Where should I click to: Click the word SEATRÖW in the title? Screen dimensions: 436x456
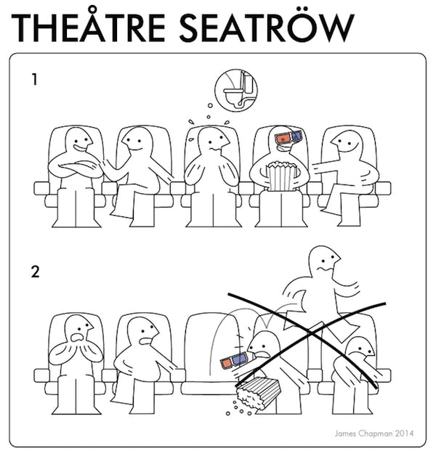coord(267,27)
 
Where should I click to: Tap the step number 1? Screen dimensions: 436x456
coord(35,79)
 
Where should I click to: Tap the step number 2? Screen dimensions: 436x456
coord(35,272)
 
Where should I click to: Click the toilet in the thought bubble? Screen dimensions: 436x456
coord(237,90)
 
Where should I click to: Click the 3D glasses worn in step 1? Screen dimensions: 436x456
coord(288,137)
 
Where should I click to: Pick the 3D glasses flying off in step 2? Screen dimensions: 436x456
coord(235,360)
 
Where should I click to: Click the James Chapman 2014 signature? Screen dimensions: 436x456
coord(374,433)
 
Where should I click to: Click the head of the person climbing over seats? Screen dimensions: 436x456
coord(324,261)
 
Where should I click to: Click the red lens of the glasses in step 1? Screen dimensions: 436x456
coord(283,139)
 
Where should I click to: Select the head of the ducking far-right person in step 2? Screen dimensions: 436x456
coord(360,349)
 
